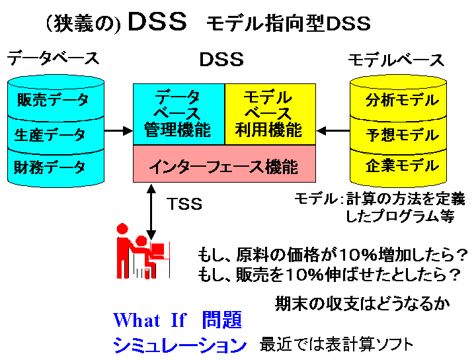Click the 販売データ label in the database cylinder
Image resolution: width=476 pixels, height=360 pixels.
(x=52, y=101)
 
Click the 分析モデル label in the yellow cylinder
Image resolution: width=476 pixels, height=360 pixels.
(x=402, y=101)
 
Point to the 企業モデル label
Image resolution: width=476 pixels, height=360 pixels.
(x=402, y=165)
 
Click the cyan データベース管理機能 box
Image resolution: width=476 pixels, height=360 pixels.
(x=178, y=114)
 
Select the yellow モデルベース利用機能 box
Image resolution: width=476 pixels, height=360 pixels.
(x=270, y=114)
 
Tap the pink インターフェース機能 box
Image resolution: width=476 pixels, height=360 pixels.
(x=223, y=165)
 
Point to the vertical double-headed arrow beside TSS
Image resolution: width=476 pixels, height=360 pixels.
(x=151, y=212)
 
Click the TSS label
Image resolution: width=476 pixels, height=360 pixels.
(x=184, y=203)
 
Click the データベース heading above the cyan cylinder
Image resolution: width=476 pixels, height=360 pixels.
(x=53, y=58)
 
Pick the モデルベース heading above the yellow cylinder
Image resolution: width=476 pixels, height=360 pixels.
(x=397, y=60)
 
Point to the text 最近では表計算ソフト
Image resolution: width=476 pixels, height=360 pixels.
(x=337, y=344)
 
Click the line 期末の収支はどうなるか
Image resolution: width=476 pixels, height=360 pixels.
(x=363, y=304)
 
